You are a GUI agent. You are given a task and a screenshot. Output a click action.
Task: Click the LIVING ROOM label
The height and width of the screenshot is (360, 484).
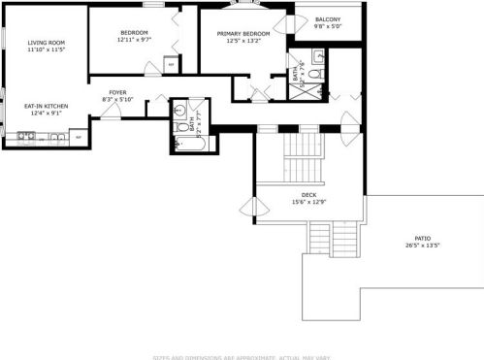coord(46,43)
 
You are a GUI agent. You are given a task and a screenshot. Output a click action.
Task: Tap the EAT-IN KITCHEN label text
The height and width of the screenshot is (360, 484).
coord(46,105)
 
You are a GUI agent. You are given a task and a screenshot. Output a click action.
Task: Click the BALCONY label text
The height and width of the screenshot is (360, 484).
coord(327,18)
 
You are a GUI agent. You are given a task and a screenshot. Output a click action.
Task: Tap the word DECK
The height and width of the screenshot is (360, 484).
coord(309,195)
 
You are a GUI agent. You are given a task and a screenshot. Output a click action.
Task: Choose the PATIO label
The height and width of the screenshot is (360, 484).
coord(422,238)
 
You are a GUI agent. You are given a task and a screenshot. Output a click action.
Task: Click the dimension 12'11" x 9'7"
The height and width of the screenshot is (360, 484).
coord(134,40)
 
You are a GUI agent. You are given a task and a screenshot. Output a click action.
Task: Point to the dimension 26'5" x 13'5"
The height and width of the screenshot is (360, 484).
coord(422,245)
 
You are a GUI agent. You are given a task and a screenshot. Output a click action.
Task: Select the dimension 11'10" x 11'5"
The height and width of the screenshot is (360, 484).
coord(46,49)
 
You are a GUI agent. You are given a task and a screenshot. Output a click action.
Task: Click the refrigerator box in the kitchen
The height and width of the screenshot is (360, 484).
coord(79,137)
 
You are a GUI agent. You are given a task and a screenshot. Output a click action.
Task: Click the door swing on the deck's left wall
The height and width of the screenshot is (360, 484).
coord(253,206)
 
